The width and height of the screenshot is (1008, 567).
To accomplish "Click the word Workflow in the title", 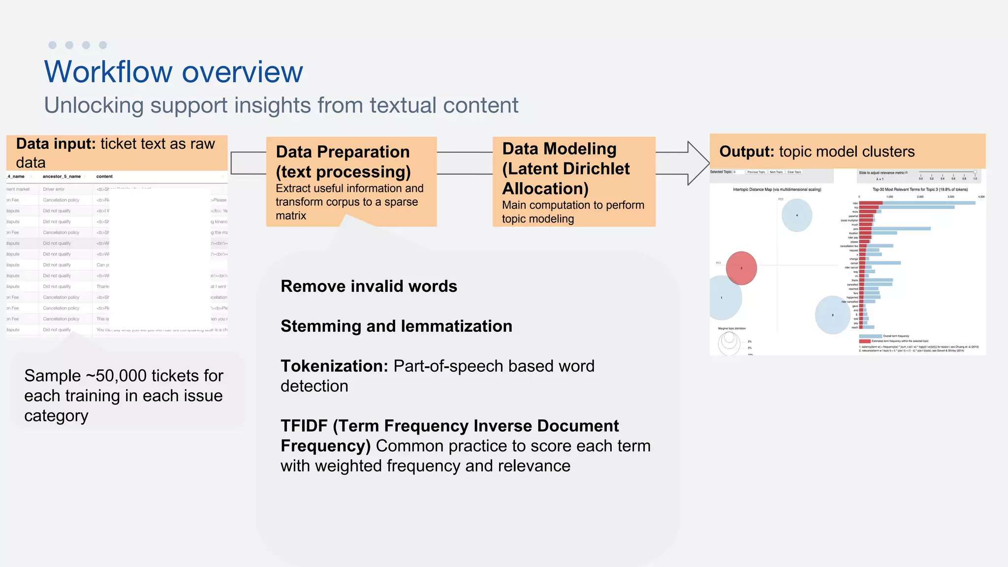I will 108,72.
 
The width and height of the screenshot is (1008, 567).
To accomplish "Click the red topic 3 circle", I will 741,268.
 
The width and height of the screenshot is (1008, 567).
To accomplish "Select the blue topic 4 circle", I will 797,215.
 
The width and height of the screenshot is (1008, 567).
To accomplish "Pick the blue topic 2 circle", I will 832,315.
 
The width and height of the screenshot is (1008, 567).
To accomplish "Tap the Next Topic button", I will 776,172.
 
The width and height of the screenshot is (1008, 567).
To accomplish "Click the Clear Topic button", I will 794,172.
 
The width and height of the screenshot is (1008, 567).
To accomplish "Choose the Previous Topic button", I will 756,172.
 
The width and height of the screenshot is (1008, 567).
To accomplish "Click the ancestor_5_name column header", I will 62,176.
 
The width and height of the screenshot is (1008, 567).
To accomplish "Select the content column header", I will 104,176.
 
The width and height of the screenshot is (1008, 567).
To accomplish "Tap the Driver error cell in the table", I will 54,189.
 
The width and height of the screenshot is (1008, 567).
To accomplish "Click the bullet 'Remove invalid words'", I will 369,286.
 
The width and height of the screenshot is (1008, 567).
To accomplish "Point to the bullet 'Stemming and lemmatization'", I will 396,326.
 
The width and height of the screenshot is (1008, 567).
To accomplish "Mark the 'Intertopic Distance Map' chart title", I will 777,189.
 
